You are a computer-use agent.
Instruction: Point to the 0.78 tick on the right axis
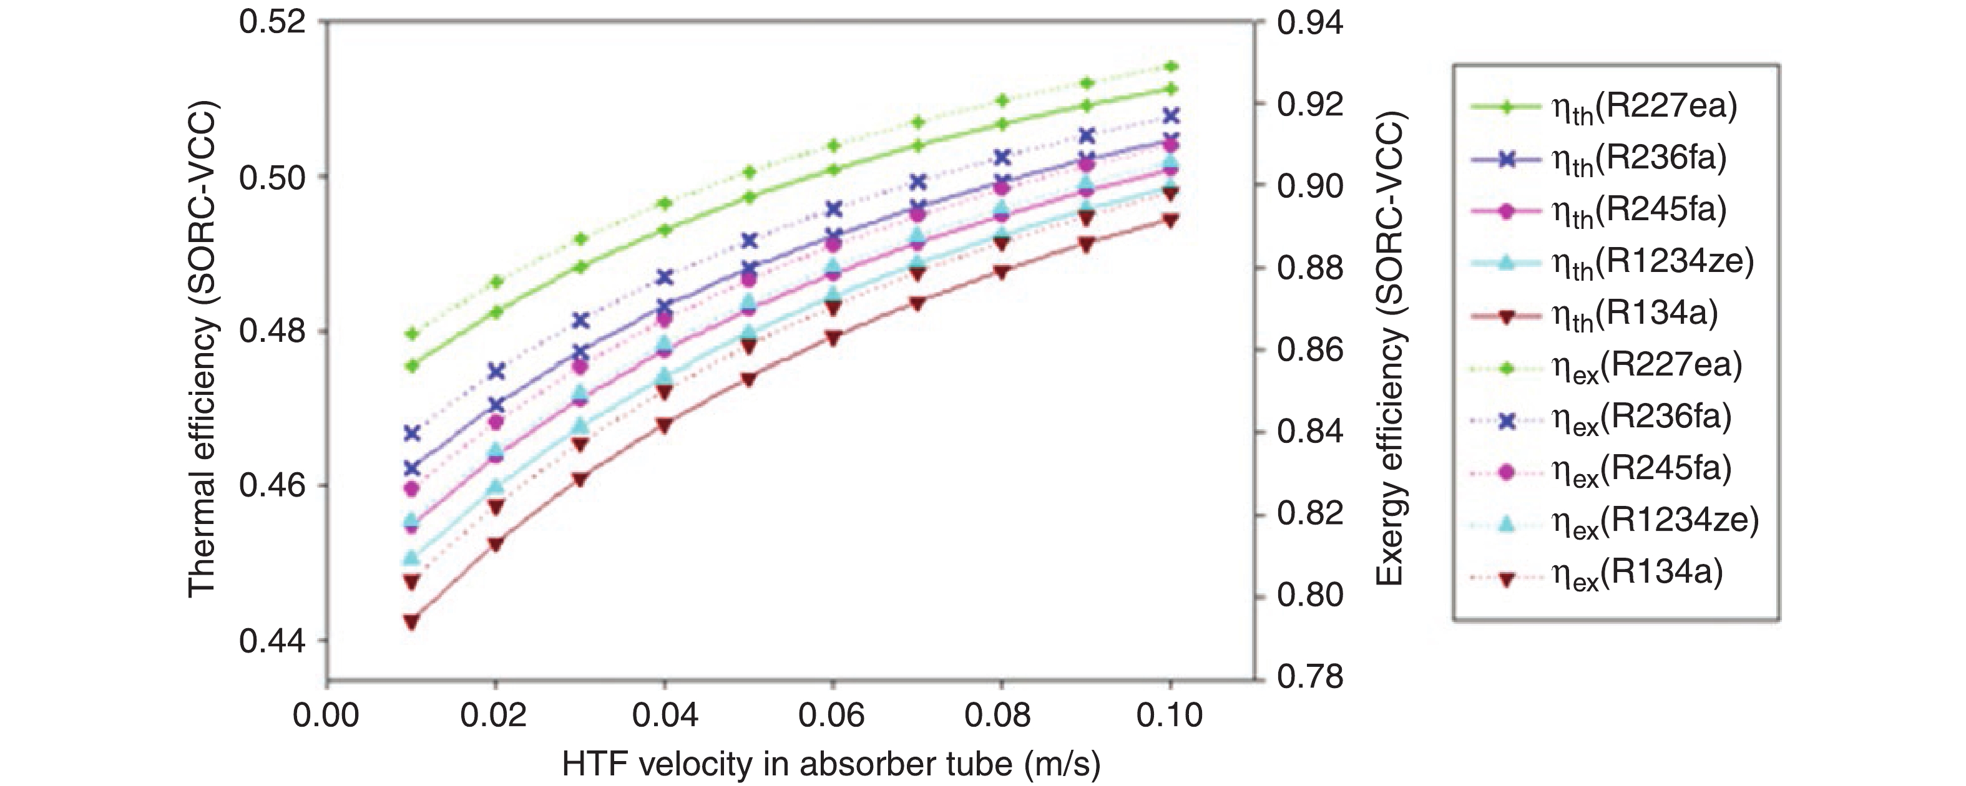tap(1309, 677)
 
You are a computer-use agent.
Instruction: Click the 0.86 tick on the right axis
tap(1309, 350)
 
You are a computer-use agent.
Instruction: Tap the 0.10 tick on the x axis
tap(1169, 716)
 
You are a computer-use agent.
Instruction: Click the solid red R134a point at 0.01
tap(411, 621)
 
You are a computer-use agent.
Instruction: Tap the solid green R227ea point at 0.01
tap(412, 366)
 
